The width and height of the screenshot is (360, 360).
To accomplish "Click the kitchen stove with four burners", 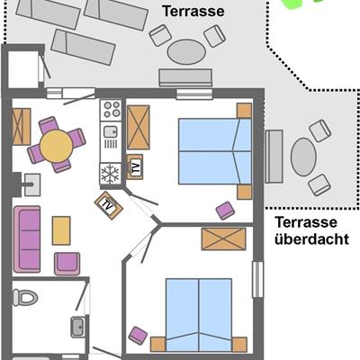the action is (111, 110).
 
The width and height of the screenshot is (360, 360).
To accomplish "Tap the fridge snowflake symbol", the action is (111, 174).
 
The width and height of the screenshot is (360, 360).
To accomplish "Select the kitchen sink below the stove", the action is (111, 131).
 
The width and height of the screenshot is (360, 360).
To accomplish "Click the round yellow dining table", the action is (57, 146).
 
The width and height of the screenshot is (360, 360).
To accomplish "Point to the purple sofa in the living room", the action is (27, 239).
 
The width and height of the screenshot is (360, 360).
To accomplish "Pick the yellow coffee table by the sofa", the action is (61, 230).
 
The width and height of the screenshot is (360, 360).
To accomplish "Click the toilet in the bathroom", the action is (25, 297).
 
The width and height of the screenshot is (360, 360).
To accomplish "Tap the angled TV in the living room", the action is (109, 205).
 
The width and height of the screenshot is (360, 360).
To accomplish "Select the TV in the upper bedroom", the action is (135, 166).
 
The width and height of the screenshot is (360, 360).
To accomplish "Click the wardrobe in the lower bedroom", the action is (223, 238).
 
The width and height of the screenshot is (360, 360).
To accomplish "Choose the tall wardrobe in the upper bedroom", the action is (139, 127).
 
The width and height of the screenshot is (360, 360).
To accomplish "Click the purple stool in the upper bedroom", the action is (225, 211).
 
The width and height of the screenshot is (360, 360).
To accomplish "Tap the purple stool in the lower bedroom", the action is (138, 336).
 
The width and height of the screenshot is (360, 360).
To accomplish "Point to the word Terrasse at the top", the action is (193, 11).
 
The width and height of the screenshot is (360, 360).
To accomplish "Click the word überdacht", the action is (312, 239).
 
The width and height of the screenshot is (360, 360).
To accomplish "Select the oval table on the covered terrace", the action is (303, 157).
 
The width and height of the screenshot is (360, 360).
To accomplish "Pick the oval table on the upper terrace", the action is (186, 51).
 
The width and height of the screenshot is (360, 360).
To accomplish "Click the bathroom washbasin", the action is (78, 327).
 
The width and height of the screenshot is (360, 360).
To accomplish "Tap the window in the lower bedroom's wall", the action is (257, 279).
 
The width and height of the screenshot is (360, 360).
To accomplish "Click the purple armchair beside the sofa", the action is (67, 264).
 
